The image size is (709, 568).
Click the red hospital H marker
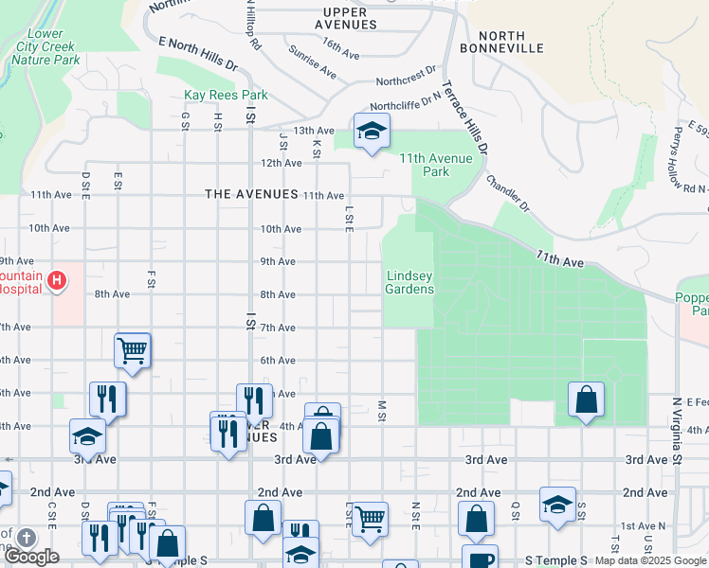[x=57, y=280]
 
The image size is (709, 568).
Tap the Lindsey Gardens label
[x=409, y=282]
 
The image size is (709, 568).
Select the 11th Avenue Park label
[x=436, y=165]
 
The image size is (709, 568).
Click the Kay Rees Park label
[x=226, y=96]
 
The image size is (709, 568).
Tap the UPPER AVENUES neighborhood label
[x=342, y=18]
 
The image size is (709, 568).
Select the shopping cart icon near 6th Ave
[x=133, y=351]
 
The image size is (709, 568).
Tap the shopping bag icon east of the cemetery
[x=587, y=399]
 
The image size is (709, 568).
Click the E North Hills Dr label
[x=197, y=56]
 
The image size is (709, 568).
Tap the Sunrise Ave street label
[x=313, y=62]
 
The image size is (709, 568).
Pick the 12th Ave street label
[x=282, y=163]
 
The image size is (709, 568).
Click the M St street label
[x=383, y=411]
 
